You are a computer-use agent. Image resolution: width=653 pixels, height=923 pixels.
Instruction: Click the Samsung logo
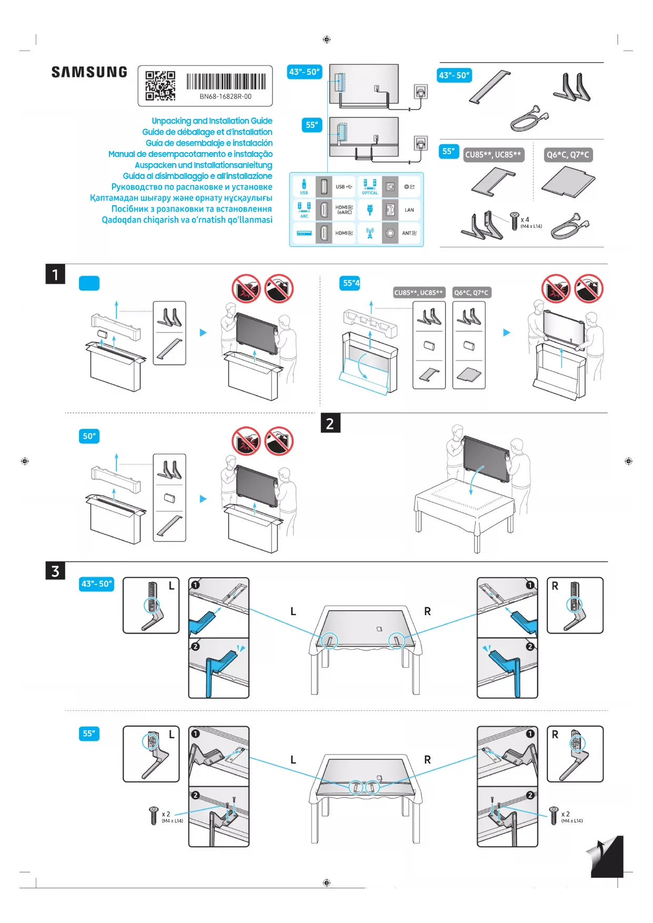pyautogui.click(x=89, y=72)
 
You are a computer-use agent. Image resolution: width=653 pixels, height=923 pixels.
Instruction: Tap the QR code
pyautogui.click(x=160, y=85)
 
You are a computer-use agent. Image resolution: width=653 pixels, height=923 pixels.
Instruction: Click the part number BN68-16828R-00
pyautogui.click(x=225, y=96)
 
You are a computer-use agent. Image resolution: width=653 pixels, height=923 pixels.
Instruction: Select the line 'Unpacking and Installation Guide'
pyautogui.click(x=212, y=121)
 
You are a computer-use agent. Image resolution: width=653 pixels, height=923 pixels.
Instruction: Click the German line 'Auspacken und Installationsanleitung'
pyautogui.click(x=203, y=165)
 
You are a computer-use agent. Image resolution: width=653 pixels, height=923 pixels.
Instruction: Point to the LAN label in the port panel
pyautogui.click(x=409, y=210)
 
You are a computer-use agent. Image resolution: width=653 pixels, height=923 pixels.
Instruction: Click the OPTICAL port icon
pyautogui.click(x=370, y=185)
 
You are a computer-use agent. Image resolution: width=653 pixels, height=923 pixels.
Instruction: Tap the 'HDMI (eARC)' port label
pyautogui.click(x=344, y=210)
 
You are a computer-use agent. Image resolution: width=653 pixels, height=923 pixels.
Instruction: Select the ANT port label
pyautogui.click(x=409, y=233)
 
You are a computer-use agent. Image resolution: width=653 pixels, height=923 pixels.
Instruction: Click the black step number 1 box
pyautogui.click(x=55, y=274)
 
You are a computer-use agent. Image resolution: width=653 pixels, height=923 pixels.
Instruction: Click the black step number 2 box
pyautogui.click(x=330, y=423)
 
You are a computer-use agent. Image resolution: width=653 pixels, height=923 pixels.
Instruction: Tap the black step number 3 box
pyautogui.click(x=55, y=571)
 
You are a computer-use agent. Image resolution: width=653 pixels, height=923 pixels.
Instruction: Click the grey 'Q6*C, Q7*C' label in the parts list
pyautogui.click(x=568, y=155)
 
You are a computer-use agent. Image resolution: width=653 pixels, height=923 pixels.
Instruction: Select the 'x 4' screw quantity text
pyautogui.click(x=525, y=219)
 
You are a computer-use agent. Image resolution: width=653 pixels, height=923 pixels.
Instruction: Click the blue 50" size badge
pyautogui.click(x=89, y=436)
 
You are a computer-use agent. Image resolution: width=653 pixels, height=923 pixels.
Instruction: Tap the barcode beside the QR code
pyautogui.click(x=226, y=82)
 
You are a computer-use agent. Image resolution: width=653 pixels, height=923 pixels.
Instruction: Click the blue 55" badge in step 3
pyautogui.click(x=89, y=734)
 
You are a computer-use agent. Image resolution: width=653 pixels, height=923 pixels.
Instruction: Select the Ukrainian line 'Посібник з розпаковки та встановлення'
pyautogui.click(x=192, y=209)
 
